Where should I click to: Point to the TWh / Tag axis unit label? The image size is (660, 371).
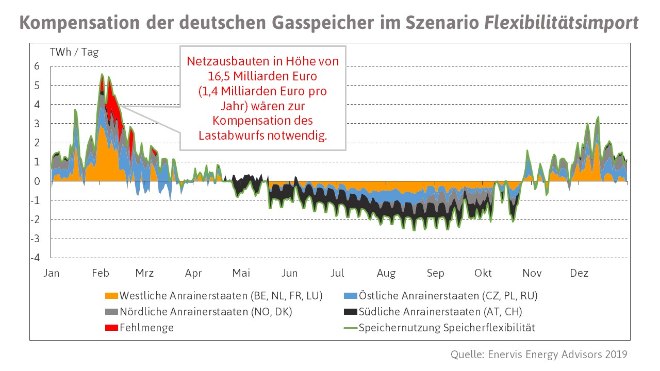(x=74, y=52)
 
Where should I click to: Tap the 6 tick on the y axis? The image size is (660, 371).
(x=37, y=66)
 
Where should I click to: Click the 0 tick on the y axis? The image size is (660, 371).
(x=37, y=181)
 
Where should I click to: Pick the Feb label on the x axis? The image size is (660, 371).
(x=100, y=273)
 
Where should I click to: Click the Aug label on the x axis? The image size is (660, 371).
(x=386, y=273)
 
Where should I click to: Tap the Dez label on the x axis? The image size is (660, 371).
(x=579, y=273)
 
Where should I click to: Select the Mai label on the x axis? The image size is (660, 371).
(x=241, y=273)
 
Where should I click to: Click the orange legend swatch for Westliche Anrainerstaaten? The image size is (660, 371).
(x=111, y=296)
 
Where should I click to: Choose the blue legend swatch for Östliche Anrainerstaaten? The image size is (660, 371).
(x=351, y=296)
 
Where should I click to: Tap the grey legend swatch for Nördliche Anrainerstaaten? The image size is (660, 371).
(x=111, y=312)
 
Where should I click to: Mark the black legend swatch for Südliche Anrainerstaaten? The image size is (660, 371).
(x=351, y=312)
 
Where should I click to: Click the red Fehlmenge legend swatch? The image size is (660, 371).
(x=111, y=328)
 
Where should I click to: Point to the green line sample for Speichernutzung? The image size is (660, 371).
(x=351, y=328)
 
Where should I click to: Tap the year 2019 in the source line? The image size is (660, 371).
(x=614, y=355)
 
